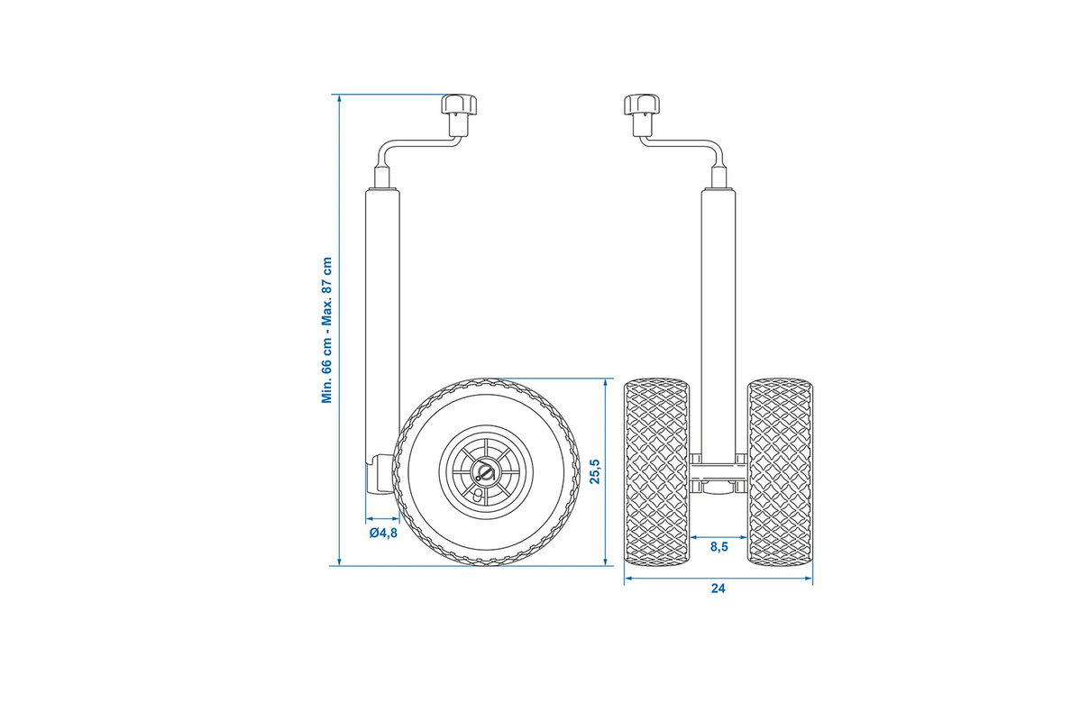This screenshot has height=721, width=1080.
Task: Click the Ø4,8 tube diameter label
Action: point(384,533)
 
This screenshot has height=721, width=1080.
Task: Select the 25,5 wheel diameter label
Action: point(595,471)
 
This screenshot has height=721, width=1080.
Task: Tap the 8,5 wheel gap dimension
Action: point(719,547)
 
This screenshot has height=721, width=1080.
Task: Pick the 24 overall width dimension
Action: point(718,589)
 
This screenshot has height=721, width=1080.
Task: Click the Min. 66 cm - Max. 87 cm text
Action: point(327,331)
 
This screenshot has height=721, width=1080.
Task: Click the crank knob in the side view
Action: point(459,114)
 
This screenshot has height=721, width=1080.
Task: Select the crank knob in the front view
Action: point(644,114)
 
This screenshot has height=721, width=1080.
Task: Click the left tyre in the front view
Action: point(656,471)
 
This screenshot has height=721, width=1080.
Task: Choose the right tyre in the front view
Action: point(781,471)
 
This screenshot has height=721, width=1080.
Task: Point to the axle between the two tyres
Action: point(718,472)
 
